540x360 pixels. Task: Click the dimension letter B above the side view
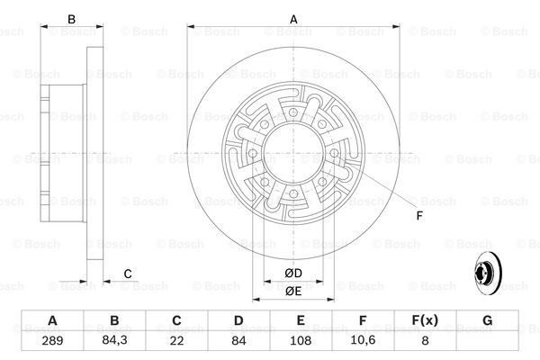[71, 19]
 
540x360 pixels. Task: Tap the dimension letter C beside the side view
[129, 274]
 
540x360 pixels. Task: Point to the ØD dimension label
[292, 274]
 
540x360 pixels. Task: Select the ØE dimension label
[292, 292]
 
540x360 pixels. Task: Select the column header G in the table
[487, 319]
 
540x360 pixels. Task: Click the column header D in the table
[238, 319]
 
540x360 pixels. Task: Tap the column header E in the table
[301, 319]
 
